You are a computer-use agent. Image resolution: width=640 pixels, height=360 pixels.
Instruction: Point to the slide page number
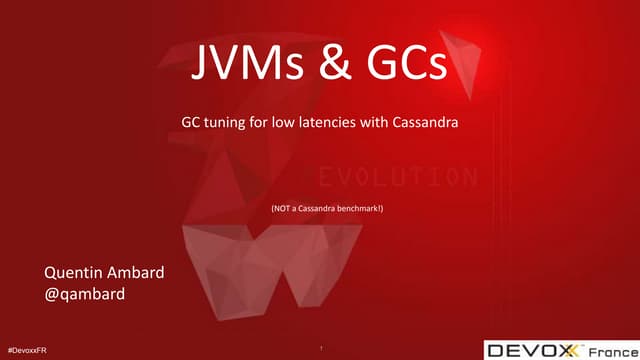(x=320, y=348)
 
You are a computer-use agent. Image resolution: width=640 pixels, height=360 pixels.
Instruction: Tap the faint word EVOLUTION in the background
(x=398, y=178)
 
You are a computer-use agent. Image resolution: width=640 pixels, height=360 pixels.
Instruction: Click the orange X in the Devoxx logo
(x=570, y=349)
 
